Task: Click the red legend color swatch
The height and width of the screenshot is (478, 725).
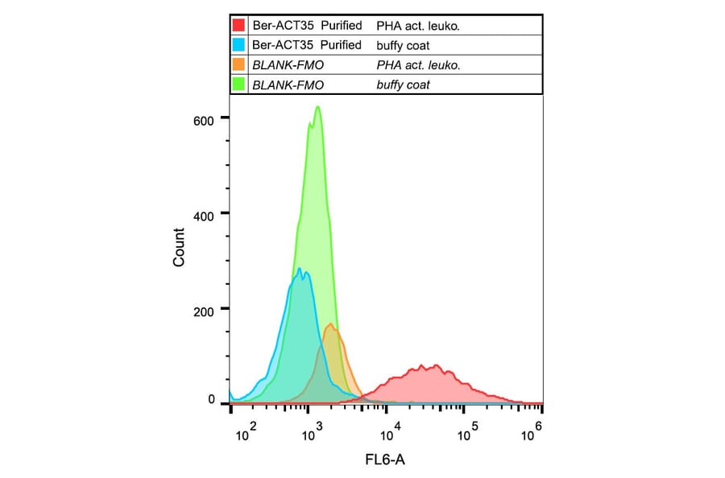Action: [239, 26]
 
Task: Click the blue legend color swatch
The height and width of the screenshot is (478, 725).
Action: [239, 45]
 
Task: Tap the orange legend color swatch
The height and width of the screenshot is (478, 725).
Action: [239, 64]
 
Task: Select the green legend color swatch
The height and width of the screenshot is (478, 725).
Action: [239, 84]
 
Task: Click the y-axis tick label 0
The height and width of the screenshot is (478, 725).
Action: [212, 400]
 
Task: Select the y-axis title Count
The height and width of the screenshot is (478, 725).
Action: [179, 248]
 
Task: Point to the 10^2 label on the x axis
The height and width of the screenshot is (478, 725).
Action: [246, 434]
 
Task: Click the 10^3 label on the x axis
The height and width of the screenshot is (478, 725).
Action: [313, 434]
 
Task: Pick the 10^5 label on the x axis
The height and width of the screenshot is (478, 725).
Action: [465, 434]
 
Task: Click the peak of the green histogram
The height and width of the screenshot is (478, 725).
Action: [317, 107]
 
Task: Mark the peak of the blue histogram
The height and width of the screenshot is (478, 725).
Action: [299, 269]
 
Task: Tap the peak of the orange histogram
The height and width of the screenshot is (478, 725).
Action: [330, 324]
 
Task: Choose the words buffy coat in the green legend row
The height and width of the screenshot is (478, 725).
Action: [402, 84]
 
